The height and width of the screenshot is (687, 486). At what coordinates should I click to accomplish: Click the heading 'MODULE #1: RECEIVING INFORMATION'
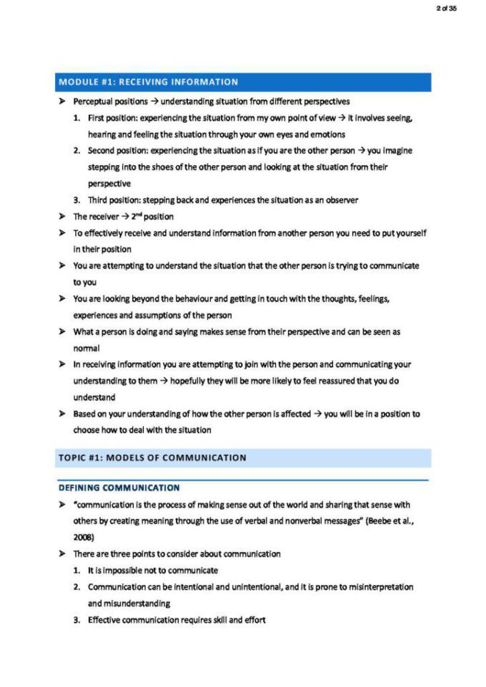pyautogui.click(x=149, y=82)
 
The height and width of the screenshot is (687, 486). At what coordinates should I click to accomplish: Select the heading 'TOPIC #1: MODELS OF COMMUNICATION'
pyautogui.click(x=152, y=458)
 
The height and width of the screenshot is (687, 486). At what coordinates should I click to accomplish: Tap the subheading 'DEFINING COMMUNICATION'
pyautogui.click(x=119, y=488)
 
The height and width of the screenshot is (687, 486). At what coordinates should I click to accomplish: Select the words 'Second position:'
pyautogui.click(x=119, y=151)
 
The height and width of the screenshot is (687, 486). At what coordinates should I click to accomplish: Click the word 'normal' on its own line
pyautogui.click(x=86, y=348)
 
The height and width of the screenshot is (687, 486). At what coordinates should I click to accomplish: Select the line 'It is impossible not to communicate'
pyautogui.click(x=153, y=571)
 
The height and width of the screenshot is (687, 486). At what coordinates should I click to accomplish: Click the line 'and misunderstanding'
pyautogui.click(x=128, y=603)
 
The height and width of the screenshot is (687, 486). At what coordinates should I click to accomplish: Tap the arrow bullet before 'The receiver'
pyautogui.click(x=63, y=216)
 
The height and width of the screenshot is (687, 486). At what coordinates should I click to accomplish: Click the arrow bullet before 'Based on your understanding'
pyautogui.click(x=63, y=414)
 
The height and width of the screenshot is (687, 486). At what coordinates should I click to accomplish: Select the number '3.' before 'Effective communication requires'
pyautogui.click(x=76, y=620)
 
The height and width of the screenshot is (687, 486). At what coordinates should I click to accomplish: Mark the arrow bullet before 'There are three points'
pyautogui.click(x=63, y=554)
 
